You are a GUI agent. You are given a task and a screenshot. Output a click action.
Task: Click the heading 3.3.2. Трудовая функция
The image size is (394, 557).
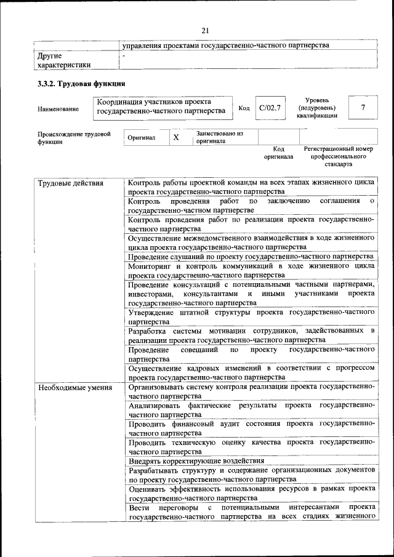[81, 84]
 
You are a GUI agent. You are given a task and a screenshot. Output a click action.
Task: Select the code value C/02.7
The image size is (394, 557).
[270, 108]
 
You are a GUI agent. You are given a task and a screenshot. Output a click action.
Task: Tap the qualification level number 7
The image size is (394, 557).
[363, 108]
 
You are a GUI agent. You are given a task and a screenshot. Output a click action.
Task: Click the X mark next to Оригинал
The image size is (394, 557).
[175, 137]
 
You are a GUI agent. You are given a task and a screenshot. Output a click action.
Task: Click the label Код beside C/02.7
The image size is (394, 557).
[244, 108]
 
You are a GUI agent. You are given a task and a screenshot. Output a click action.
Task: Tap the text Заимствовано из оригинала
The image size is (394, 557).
[219, 137]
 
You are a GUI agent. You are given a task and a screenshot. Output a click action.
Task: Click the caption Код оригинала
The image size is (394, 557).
[278, 153]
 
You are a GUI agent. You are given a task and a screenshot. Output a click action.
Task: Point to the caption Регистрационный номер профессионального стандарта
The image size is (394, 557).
[338, 156]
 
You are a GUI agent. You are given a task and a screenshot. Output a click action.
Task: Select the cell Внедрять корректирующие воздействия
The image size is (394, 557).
[196, 460]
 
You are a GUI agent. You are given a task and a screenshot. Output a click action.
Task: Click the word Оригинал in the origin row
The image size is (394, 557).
[142, 137]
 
